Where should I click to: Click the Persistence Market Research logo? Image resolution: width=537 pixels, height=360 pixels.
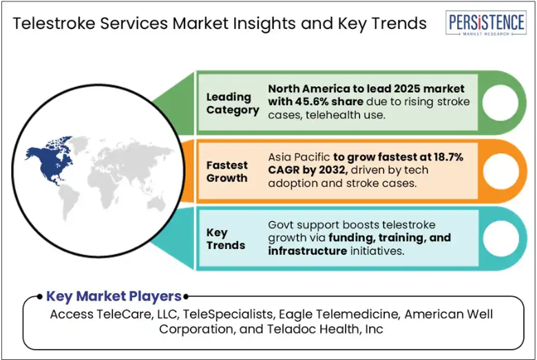[x=486, y=23]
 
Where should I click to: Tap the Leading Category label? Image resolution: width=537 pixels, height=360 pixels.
[x=233, y=103]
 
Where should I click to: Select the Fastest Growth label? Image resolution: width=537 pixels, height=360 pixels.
[x=227, y=171]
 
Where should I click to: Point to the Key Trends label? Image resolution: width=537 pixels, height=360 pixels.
[x=226, y=239]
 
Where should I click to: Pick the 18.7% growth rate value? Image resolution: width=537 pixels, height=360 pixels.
[x=449, y=157]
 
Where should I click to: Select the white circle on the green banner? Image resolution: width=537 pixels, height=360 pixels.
[x=501, y=103]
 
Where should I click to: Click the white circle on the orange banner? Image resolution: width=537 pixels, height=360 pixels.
[x=501, y=171]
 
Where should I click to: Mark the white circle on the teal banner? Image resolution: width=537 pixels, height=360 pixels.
[x=501, y=238]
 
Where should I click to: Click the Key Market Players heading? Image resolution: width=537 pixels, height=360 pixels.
[x=114, y=296]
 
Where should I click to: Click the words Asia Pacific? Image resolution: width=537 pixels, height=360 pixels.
[x=299, y=157]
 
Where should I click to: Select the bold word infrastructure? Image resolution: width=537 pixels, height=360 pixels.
[x=308, y=251]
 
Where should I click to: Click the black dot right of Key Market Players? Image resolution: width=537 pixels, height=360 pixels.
[x=186, y=297]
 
